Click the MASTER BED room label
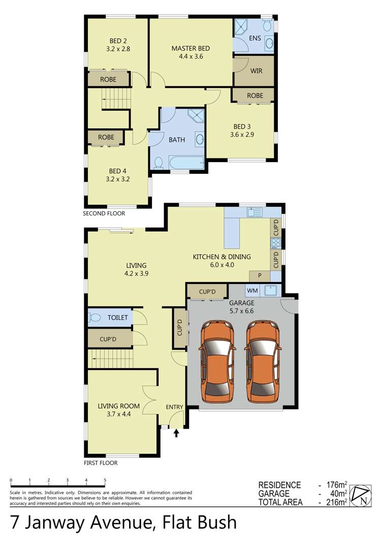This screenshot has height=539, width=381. pyautogui.click(x=190, y=49)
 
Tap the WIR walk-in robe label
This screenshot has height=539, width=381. pyautogui.click(x=256, y=71)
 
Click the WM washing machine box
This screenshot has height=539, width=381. pyautogui.click(x=252, y=291)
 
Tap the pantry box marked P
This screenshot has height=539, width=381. pyautogui.click(x=260, y=275)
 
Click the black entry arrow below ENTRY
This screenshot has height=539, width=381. pyautogui.click(x=177, y=433)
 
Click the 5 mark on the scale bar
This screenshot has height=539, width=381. pyautogui.click(x=105, y=480)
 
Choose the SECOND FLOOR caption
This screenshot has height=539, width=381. pyautogui.click(x=104, y=214)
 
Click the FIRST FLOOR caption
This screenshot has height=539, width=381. pyautogui.click(x=101, y=463)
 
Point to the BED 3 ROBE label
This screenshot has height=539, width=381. pyautogui.click(x=255, y=96)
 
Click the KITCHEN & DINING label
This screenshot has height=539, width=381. pyautogui.click(x=221, y=257)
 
